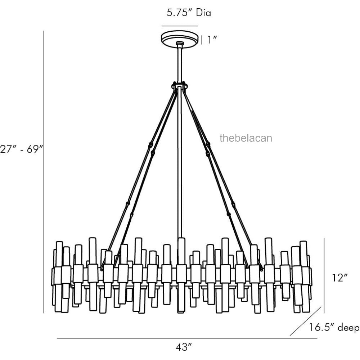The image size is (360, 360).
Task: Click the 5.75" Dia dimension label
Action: point(189,13)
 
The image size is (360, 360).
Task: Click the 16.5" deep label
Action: point(334,328)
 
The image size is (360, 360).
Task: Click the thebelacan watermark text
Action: point(246,138)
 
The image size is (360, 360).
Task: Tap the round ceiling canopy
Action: point(180,38)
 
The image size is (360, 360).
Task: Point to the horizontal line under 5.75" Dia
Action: point(180,26)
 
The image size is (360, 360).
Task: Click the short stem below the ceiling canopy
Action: point(180,63)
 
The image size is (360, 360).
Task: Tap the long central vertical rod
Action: point(180,162)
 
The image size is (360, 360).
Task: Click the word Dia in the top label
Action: point(203,13)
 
